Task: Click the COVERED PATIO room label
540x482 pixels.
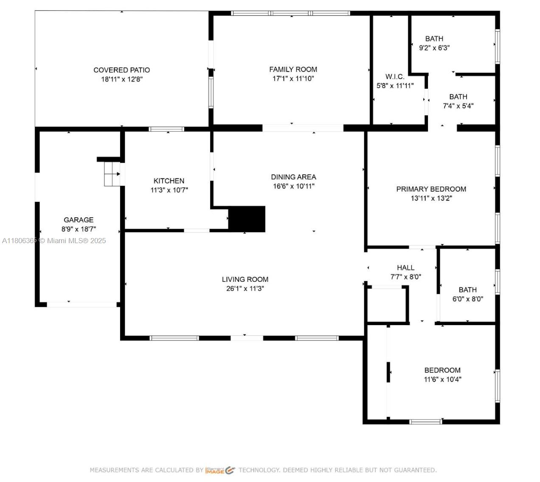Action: coord(121,70)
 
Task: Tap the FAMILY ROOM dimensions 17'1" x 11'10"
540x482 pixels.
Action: coord(293,79)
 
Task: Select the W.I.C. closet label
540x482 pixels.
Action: coord(395,77)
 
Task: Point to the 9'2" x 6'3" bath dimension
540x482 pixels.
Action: coord(434,48)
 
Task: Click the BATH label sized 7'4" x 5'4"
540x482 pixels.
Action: coord(458,96)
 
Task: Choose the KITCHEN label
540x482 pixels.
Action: coord(169,181)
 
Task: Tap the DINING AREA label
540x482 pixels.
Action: coord(293,177)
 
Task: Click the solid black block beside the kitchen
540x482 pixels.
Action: coord(247,219)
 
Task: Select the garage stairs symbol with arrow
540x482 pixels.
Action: coord(112,174)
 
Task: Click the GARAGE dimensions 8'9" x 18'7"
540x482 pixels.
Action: coord(79,229)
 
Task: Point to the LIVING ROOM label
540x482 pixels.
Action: coord(245,279)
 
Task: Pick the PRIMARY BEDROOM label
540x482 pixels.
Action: coord(431,189)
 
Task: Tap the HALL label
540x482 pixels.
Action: coord(405,267)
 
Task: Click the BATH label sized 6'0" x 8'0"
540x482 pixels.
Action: coord(467,289)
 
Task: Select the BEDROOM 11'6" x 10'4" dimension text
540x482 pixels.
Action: coord(442,379)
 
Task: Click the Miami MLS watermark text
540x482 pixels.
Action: coord(54,241)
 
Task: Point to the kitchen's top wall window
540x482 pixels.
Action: coord(166,129)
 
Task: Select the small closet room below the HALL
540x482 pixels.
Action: coord(387,305)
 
